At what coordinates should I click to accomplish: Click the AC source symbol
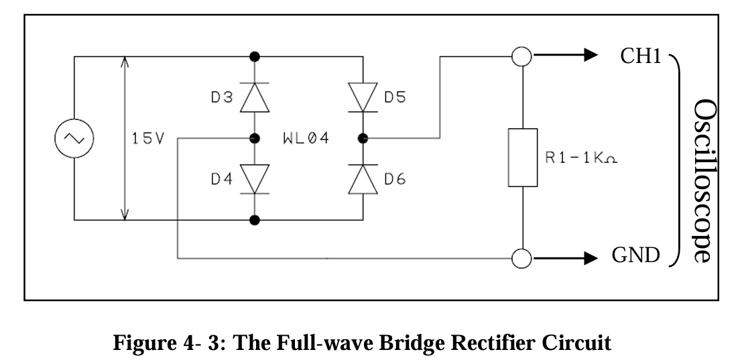(73, 138)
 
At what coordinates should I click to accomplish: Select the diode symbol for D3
(255, 98)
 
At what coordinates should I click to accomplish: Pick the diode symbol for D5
(363, 98)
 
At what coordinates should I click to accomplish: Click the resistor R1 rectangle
(522, 157)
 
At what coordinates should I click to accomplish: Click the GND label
(636, 257)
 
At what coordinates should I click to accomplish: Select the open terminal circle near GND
(521, 257)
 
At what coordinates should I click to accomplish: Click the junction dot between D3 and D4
(255, 139)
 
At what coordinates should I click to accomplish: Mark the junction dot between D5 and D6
(363, 139)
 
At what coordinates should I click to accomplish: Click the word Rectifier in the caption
(479, 343)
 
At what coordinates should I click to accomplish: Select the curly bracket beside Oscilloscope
(676, 158)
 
